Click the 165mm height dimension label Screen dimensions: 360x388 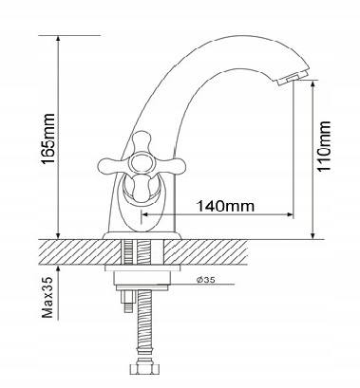[x=48, y=139]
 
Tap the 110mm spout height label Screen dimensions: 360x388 [x=324, y=146]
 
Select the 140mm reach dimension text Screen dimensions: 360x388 [x=225, y=206]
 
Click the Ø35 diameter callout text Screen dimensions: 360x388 [x=205, y=280]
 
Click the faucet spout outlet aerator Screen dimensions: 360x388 [x=292, y=78]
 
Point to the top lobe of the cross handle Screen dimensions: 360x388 [x=141, y=141]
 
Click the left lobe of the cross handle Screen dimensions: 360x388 [x=109, y=164]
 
